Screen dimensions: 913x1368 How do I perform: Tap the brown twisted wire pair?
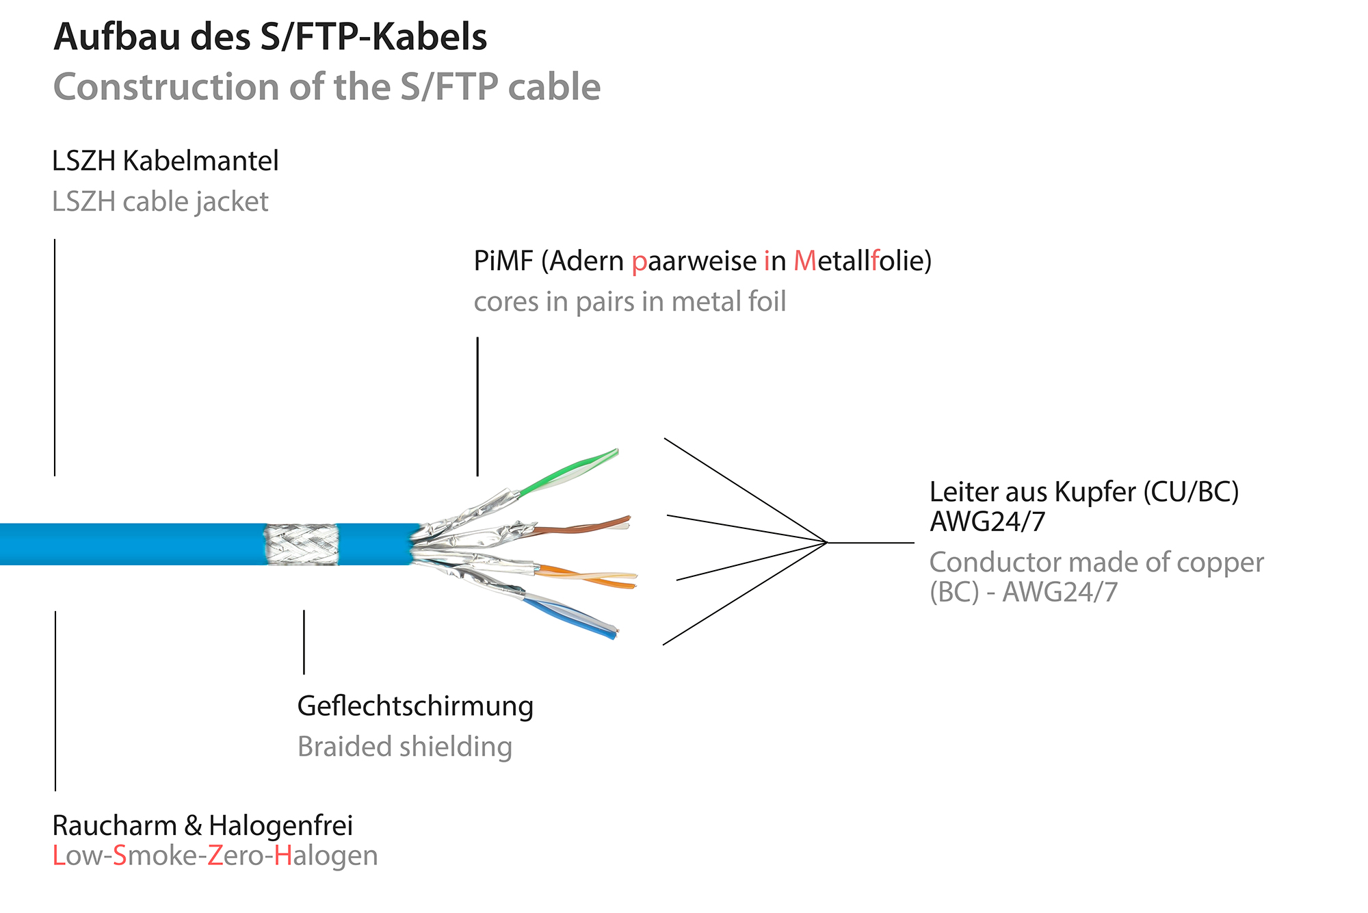[x=581, y=528]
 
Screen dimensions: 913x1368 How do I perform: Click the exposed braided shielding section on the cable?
[x=302, y=544]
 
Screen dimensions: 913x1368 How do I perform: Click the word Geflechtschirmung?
[x=415, y=706]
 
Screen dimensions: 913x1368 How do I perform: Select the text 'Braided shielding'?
[x=405, y=747]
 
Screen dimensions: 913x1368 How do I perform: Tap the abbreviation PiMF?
[x=503, y=261]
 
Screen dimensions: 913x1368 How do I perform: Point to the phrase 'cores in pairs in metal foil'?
[x=629, y=302]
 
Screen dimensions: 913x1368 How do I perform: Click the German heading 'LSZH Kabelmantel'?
[x=165, y=162]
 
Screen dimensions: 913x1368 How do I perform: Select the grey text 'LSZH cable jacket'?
[x=160, y=202]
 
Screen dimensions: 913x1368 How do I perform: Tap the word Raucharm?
[x=114, y=826]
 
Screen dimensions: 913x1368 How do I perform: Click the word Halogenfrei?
[x=280, y=826]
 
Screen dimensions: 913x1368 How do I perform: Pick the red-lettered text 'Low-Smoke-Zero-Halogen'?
[x=215, y=856]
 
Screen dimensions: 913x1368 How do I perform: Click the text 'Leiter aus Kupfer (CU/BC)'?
[x=1083, y=492]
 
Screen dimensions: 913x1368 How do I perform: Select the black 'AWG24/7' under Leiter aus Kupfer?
[x=987, y=522]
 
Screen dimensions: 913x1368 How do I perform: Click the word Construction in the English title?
[x=166, y=88]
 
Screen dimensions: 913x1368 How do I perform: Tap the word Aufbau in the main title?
[x=118, y=37]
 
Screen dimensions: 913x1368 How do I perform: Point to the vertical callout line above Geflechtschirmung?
[x=304, y=642]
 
